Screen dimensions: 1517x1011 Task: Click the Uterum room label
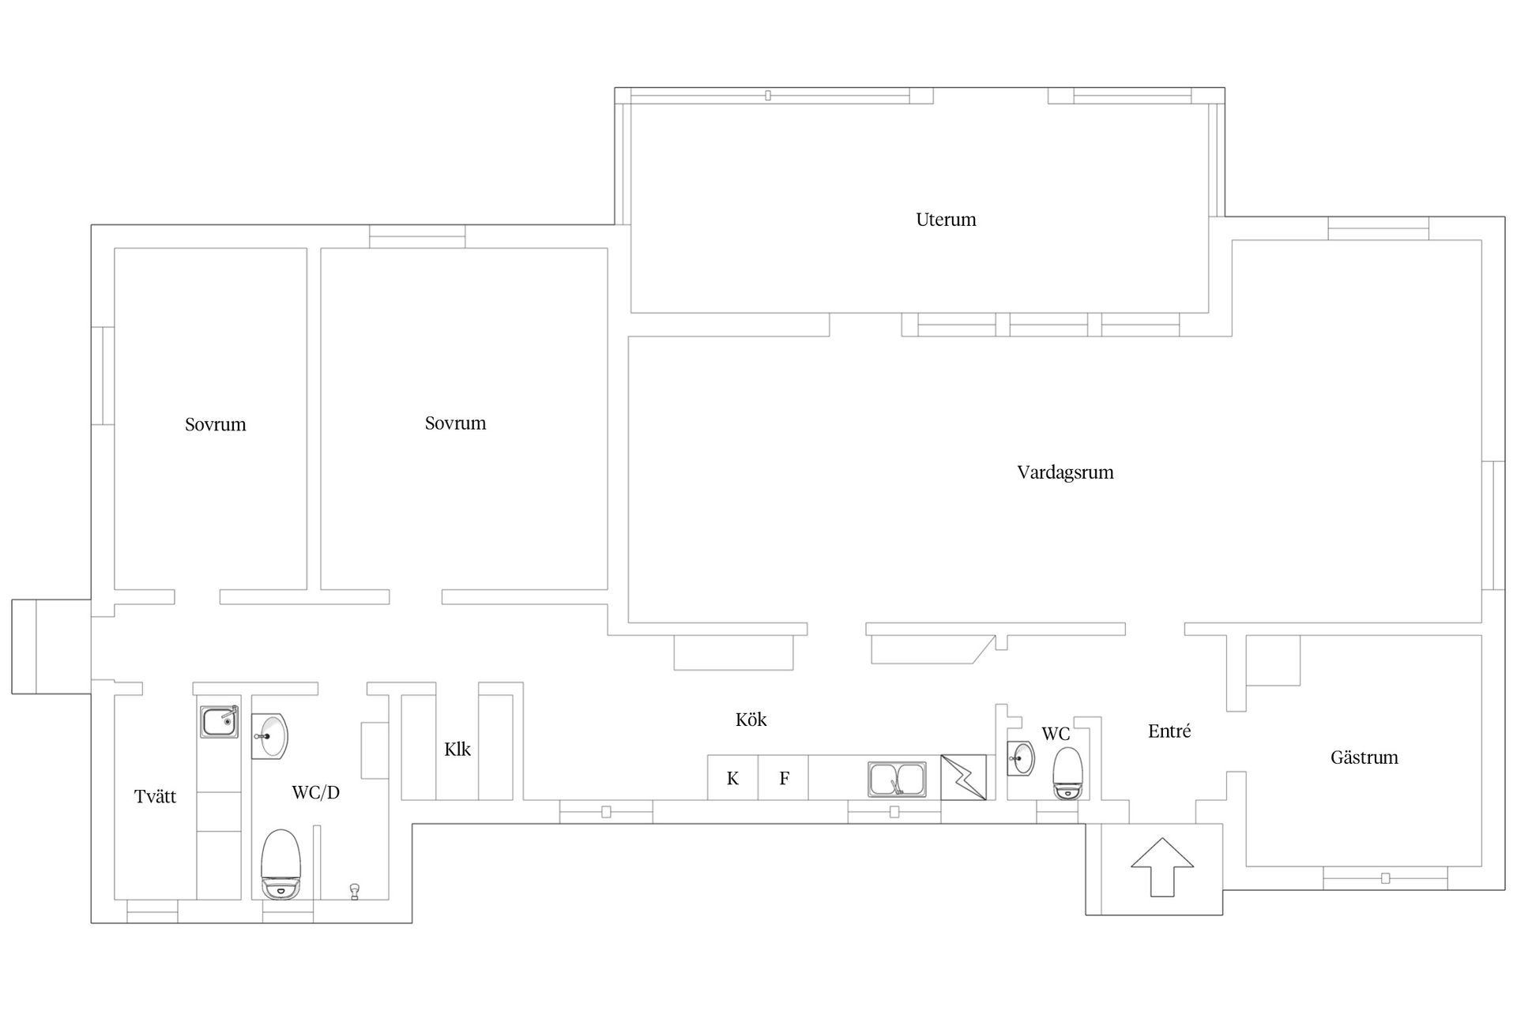(946, 220)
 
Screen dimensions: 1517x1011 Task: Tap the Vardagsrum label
(1065, 472)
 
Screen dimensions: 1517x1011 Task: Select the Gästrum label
(1365, 757)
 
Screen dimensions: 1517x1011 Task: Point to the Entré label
(1169, 731)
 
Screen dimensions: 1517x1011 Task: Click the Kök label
(751, 720)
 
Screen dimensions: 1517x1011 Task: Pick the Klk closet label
(457, 749)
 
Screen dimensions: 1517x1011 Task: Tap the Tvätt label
(156, 796)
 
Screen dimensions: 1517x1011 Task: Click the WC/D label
(316, 792)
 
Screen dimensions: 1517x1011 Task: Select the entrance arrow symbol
(1162, 866)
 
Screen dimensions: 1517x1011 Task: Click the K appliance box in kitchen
(732, 778)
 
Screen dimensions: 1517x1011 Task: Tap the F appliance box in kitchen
(784, 778)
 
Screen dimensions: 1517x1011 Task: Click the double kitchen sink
(897, 779)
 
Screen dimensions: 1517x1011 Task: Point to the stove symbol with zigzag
(964, 778)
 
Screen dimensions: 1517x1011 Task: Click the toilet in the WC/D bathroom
(282, 864)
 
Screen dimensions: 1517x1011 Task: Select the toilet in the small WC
(1067, 773)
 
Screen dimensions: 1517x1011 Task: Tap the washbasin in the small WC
(1021, 758)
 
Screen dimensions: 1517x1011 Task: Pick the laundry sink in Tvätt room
(219, 722)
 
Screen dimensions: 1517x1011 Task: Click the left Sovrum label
(215, 425)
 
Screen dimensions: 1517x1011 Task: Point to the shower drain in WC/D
(355, 892)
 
